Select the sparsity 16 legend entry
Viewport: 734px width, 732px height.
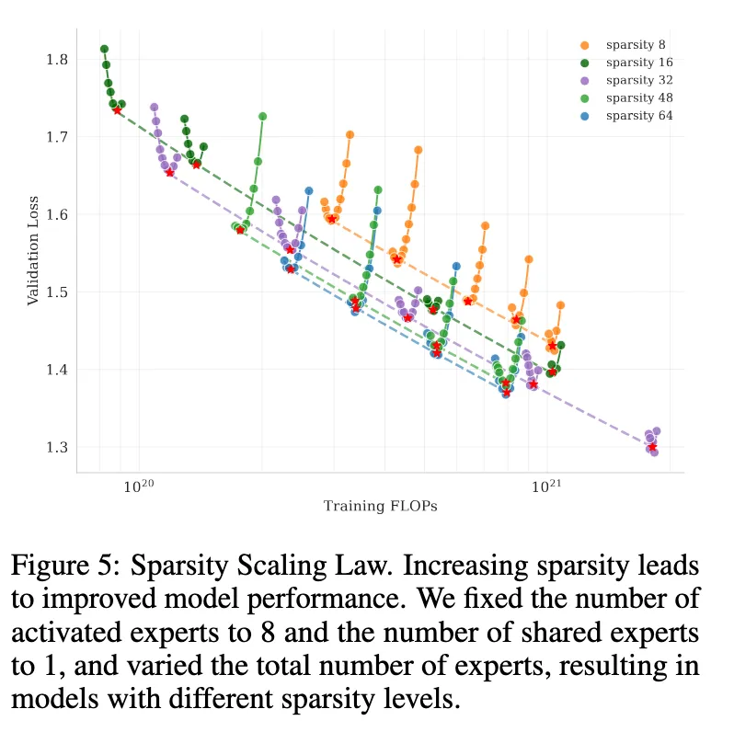(635, 62)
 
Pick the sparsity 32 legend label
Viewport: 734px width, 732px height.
(635, 80)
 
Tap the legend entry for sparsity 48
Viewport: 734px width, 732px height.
(635, 97)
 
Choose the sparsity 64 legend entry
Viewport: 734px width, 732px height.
(635, 116)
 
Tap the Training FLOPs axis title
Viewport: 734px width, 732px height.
(380, 507)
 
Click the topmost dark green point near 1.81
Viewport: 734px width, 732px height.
(104, 49)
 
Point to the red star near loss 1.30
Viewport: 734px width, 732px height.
(652, 447)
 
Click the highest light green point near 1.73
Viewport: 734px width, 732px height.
(262, 117)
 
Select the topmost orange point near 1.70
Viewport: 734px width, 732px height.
(350, 135)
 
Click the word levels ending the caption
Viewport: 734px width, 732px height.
(410, 697)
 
